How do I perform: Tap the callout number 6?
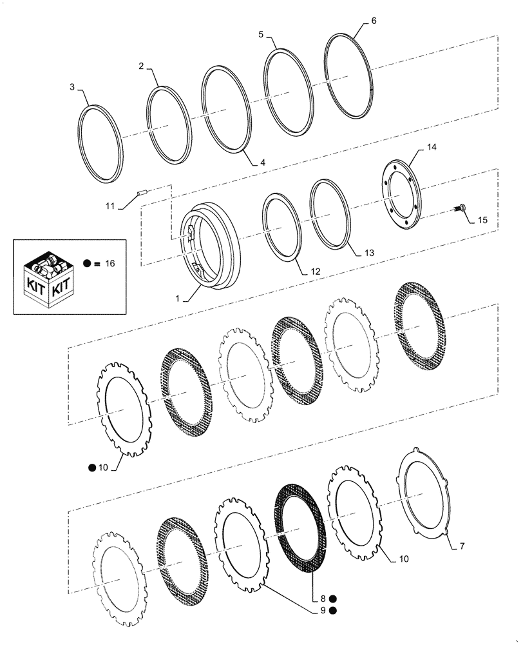coord(374,21)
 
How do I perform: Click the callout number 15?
coord(482,221)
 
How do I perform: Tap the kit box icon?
coord(48,275)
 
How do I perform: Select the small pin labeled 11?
coord(143,192)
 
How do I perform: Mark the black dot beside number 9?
coord(333,610)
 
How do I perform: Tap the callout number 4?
coord(263,163)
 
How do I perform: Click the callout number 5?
coord(261,34)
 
